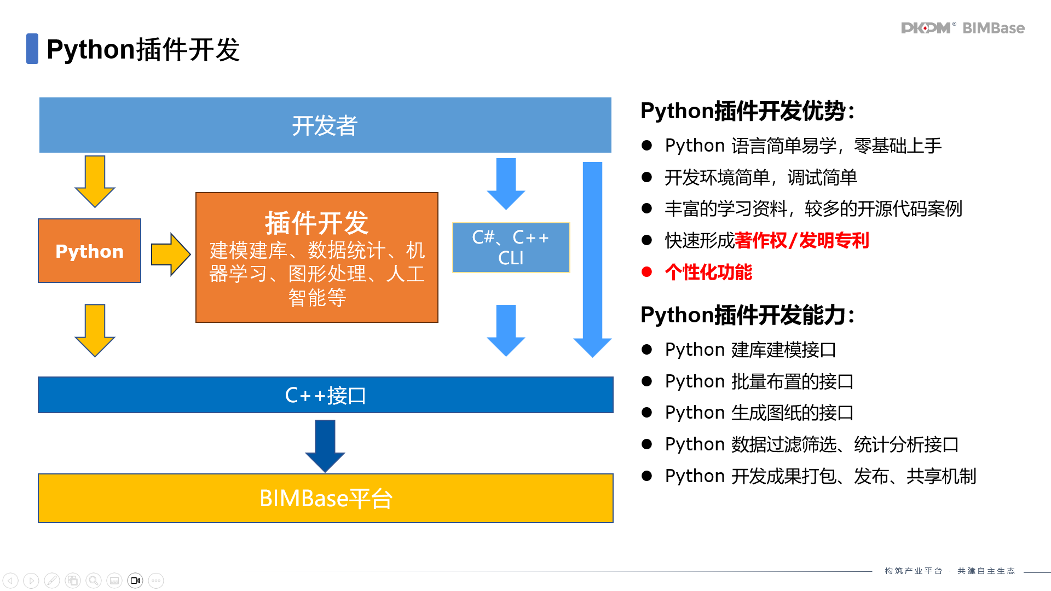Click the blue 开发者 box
pyautogui.click(x=325, y=125)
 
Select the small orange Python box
pyautogui.click(x=89, y=251)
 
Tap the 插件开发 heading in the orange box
pyautogui.click(x=316, y=222)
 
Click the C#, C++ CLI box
pyautogui.click(x=511, y=247)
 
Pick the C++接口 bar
pyautogui.click(x=325, y=395)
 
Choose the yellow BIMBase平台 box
pyautogui.click(x=325, y=498)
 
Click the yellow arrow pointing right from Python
pyautogui.click(x=170, y=254)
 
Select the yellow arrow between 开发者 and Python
pyautogui.click(x=95, y=181)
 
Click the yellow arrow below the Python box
pyautogui.click(x=95, y=330)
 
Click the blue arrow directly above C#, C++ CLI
pyautogui.click(x=506, y=183)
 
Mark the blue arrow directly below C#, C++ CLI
pyautogui.click(x=506, y=330)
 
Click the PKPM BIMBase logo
pyautogui.click(x=962, y=28)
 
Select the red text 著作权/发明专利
pyautogui.click(x=802, y=240)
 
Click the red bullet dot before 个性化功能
pyautogui.click(x=647, y=272)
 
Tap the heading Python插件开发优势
pyautogui.click(x=747, y=111)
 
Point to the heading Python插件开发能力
pyautogui.click(x=747, y=315)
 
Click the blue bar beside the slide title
pyautogui.click(x=32, y=49)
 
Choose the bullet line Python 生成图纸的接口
pyautogui.click(x=759, y=413)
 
